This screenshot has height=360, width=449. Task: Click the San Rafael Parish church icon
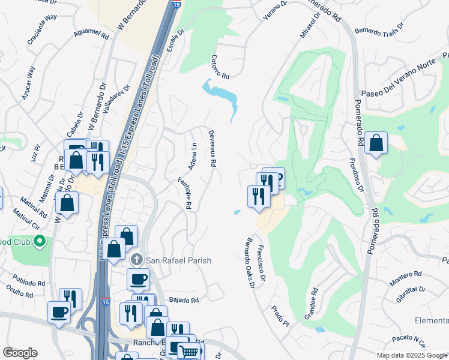pyautogui.click(x=137, y=260)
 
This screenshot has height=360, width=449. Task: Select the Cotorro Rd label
pyautogui.click(x=220, y=67)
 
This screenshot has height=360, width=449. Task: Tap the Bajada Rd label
pyautogui.click(x=184, y=299)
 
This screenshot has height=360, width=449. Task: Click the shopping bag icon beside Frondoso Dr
pyautogui.click(x=376, y=143)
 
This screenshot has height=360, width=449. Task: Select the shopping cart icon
pyautogui.click(x=190, y=351)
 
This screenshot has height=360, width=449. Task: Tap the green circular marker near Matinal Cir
pyautogui.click(x=40, y=242)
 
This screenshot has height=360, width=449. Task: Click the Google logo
pyautogui.click(x=20, y=353)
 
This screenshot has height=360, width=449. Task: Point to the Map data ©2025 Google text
pyautogui.click(x=411, y=355)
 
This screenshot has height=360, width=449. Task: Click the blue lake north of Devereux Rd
pyautogui.click(x=222, y=95)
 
